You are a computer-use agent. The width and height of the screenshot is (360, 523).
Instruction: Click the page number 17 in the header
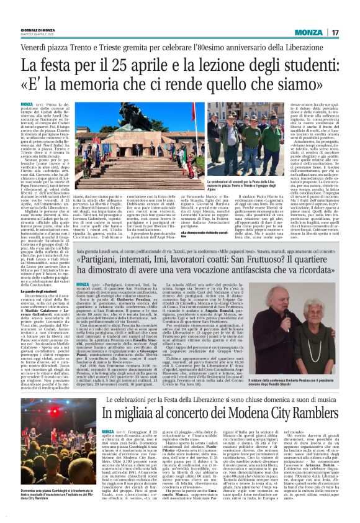coord(335,32)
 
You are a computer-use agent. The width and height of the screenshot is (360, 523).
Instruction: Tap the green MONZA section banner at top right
coord(308,32)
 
